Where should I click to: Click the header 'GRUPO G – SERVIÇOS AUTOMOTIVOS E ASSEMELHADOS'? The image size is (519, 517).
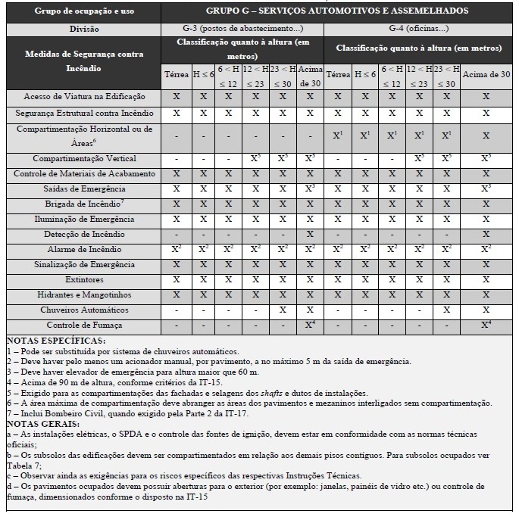(337, 11)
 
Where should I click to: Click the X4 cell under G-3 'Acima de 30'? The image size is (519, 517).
(310, 325)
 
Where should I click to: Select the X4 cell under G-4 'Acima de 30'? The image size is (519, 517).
(486, 325)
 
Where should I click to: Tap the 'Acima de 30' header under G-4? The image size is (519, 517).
(486, 75)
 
